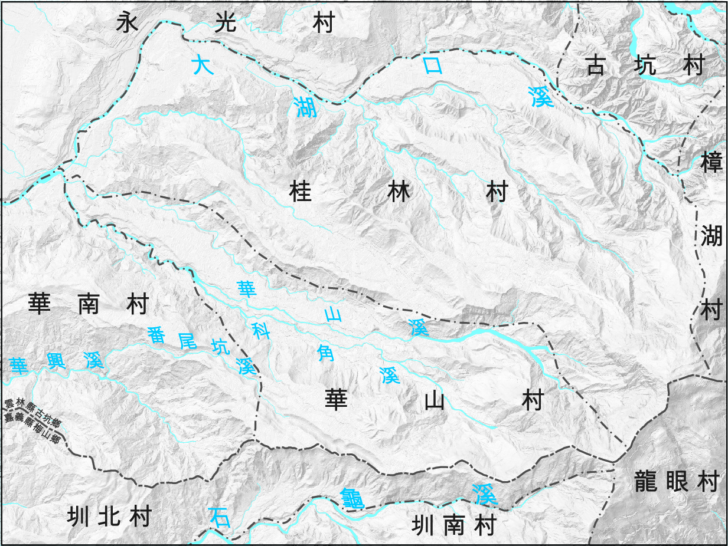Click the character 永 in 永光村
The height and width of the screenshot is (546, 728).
pyautogui.click(x=128, y=23)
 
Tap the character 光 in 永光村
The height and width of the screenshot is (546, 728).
pyautogui.click(x=225, y=23)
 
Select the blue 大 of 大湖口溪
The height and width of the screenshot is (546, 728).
pyautogui.click(x=203, y=64)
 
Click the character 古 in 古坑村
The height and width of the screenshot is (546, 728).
pyautogui.click(x=595, y=66)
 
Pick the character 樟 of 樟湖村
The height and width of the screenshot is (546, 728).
pyautogui.click(x=711, y=162)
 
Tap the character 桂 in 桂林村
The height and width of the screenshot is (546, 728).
pyautogui.click(x=301, y=192)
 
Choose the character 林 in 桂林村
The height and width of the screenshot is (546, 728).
pyautogui.click(x=399, y=192)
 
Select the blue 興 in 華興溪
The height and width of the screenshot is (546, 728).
pyautogui.click(x=56, y=362)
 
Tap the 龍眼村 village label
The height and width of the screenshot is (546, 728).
pyautogui.click(x=676, y=482)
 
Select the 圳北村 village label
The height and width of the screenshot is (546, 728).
pyautogui.click(x=109, y=517)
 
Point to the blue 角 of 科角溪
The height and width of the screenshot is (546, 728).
pyautogui.click(x=327, y=353)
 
